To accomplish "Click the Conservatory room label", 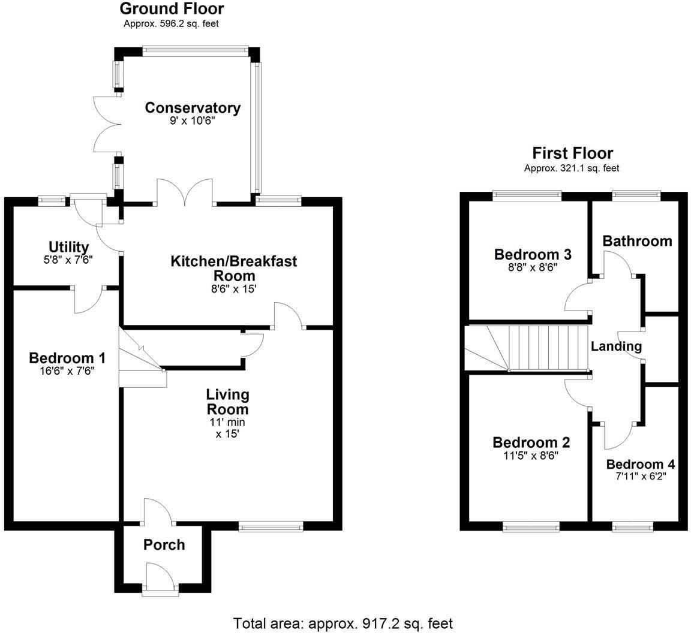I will click(x=193, y=108).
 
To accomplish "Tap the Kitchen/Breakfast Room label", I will click(x=234, y=269).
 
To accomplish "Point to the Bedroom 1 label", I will click(x=67, y=358).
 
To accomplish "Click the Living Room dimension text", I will click(x=227, y=427).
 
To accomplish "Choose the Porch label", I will click(x=164, y=545).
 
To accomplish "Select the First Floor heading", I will click(x=572, y=153).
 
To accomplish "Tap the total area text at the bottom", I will click(x=343, y=623).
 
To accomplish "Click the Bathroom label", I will click(x=637, y=241).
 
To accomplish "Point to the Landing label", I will click(x=616, y=346).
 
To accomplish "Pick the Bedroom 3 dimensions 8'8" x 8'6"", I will click(x=533, y=268).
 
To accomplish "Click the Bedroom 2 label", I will click(x=531, y=442).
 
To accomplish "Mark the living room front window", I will click(x=271, y=527).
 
